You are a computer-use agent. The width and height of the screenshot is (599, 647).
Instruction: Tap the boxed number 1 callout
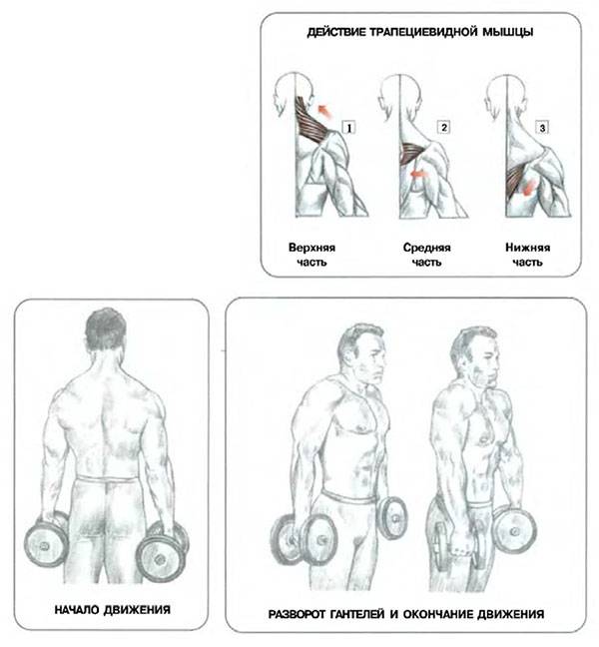(x=348, y=128)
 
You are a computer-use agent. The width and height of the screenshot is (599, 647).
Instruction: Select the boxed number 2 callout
(x=443, y=127)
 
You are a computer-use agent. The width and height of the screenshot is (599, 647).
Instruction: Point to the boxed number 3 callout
(x=542, y=128)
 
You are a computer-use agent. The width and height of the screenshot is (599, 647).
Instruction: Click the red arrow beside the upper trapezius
(x=324, y=112)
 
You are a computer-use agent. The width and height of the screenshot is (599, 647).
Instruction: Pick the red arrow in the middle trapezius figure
(x=419, y=175)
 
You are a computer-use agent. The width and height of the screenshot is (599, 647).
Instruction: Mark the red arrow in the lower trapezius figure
(x=528, y=188)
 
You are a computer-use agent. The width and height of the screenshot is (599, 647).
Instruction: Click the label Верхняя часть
(x=311, y=255)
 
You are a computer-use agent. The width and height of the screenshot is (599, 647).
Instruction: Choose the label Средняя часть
(x=426, y=255)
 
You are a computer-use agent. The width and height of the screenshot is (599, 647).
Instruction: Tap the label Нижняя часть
(x=528, y=255)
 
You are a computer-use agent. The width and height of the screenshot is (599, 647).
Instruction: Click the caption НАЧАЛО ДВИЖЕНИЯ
(x=112, y=610)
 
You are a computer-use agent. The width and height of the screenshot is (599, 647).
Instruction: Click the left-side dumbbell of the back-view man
(x=47, y=540)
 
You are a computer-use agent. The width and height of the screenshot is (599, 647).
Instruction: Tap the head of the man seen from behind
(x=105, y=330)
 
